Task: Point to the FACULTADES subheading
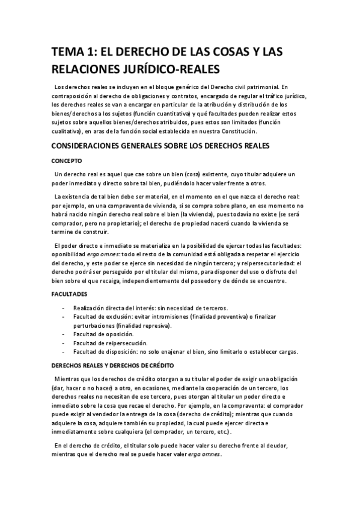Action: click(69, 293)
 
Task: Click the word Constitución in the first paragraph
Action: click(237, 131)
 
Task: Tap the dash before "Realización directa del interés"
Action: click(64, 307)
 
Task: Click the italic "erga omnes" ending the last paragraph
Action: click(204, 455)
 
